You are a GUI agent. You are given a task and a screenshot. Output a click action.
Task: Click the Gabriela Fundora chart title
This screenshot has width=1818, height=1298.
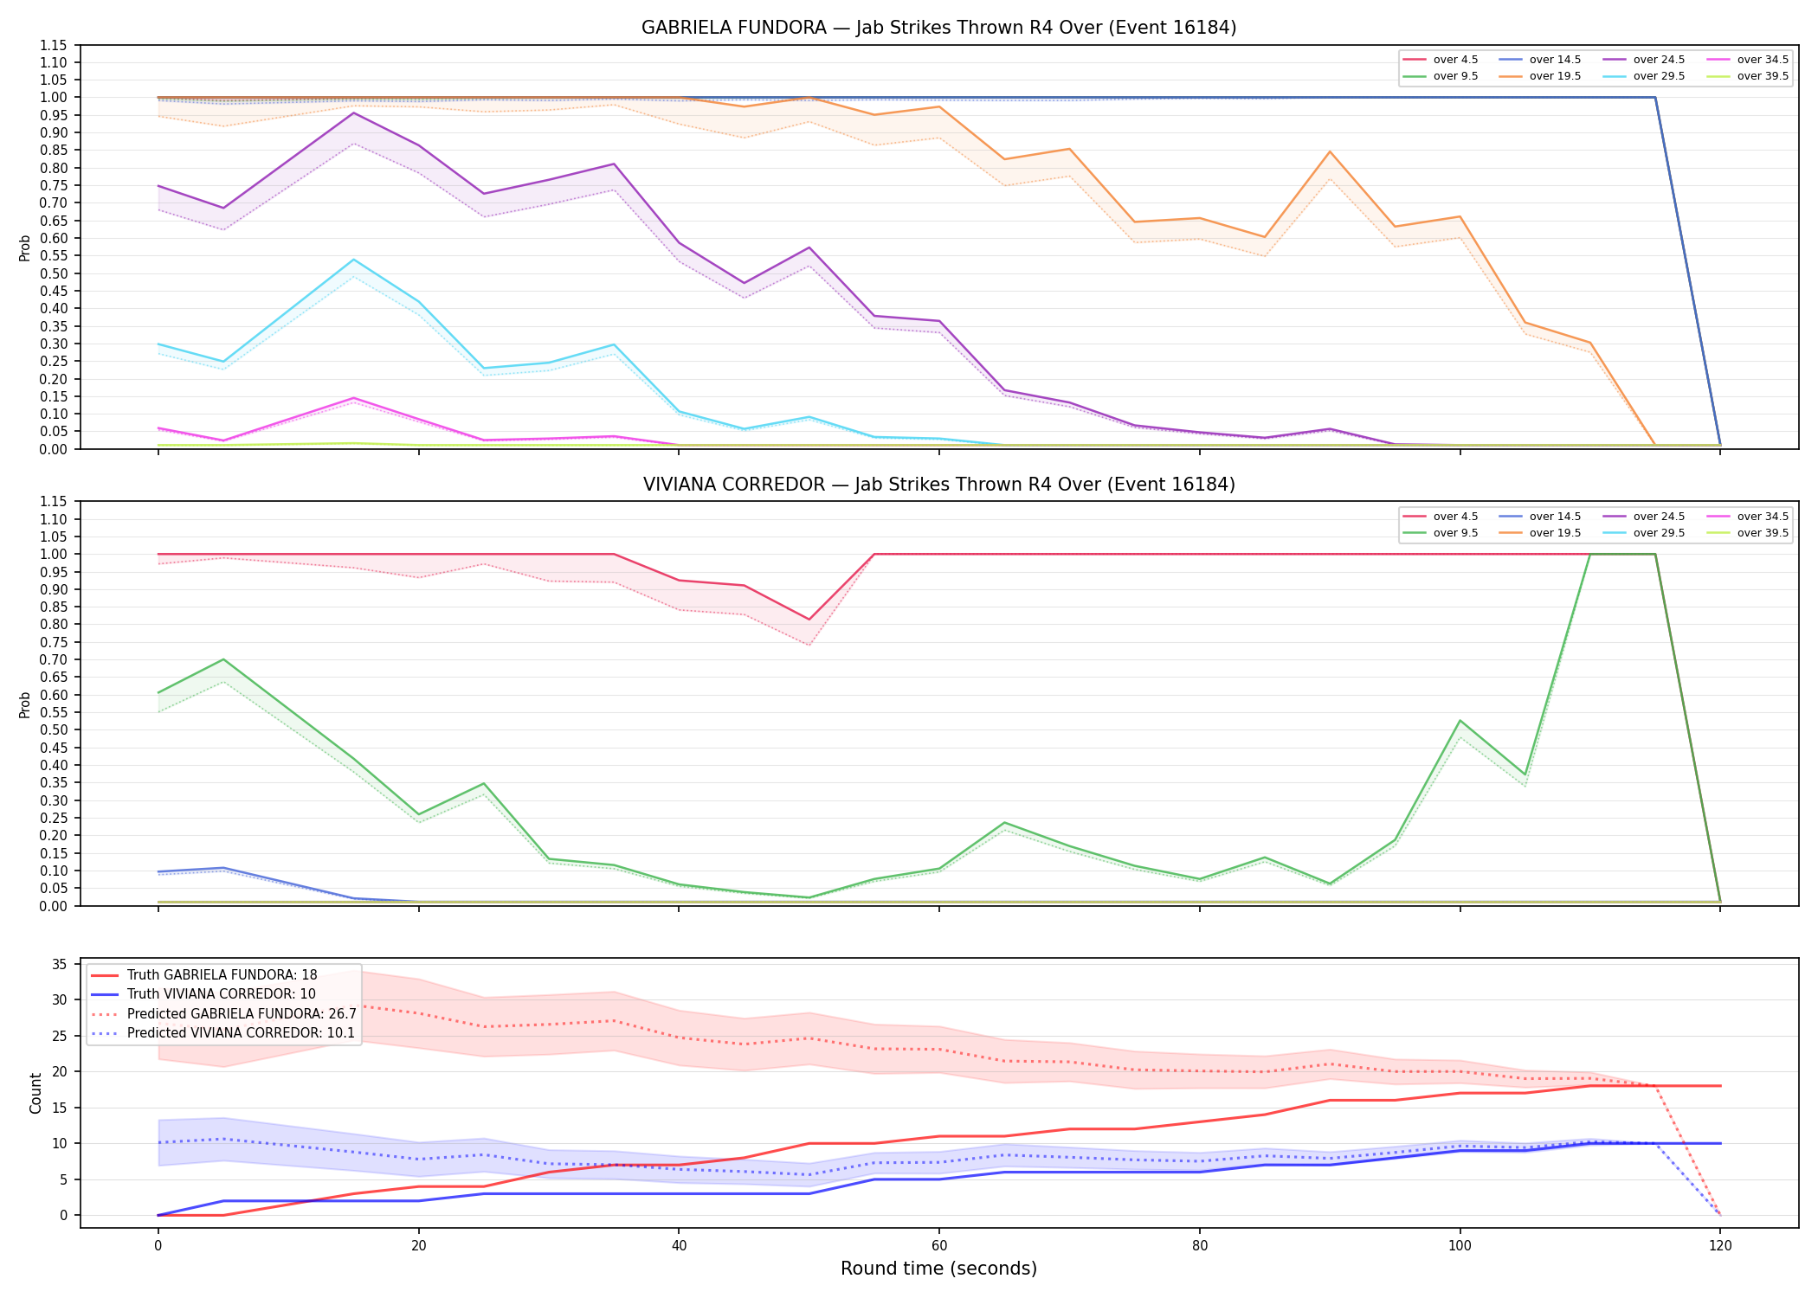(938, 28)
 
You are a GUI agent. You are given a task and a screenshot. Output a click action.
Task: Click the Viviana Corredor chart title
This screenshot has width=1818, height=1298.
(938, 485)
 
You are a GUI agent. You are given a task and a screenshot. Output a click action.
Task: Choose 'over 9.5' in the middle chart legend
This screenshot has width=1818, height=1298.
(1455, 533)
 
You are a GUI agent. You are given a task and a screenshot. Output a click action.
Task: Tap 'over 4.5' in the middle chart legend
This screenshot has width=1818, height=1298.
(1455, 517)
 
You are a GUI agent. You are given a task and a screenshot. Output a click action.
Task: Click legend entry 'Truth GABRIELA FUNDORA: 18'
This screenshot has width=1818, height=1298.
(222, 975)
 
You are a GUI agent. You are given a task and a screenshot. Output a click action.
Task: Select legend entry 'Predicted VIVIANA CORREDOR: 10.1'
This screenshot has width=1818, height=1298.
(241, 1033)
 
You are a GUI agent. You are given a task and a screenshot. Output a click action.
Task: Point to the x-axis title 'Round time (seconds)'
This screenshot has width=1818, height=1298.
(938, 1269)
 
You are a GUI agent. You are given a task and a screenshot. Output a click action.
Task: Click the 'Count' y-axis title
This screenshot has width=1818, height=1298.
(35, 1093)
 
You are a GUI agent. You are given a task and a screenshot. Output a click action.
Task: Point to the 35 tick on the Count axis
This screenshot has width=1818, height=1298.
(60, 964)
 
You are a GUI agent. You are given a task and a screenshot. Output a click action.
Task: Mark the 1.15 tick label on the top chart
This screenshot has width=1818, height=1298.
(53, 45)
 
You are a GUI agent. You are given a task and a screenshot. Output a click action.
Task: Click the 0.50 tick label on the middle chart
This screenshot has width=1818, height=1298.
(53, 729)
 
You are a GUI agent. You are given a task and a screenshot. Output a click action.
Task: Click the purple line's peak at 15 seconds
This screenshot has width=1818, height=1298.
(353, 112)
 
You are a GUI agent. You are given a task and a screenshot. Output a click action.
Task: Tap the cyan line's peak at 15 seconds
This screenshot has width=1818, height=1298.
(353, 260)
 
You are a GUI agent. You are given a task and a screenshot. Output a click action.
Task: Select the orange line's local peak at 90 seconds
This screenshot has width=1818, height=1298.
(1330, 151)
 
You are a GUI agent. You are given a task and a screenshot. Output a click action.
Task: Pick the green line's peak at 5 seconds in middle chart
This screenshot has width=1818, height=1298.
(223, 659)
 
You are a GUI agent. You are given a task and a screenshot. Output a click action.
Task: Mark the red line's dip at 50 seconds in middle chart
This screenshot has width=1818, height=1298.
(809, 620)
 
